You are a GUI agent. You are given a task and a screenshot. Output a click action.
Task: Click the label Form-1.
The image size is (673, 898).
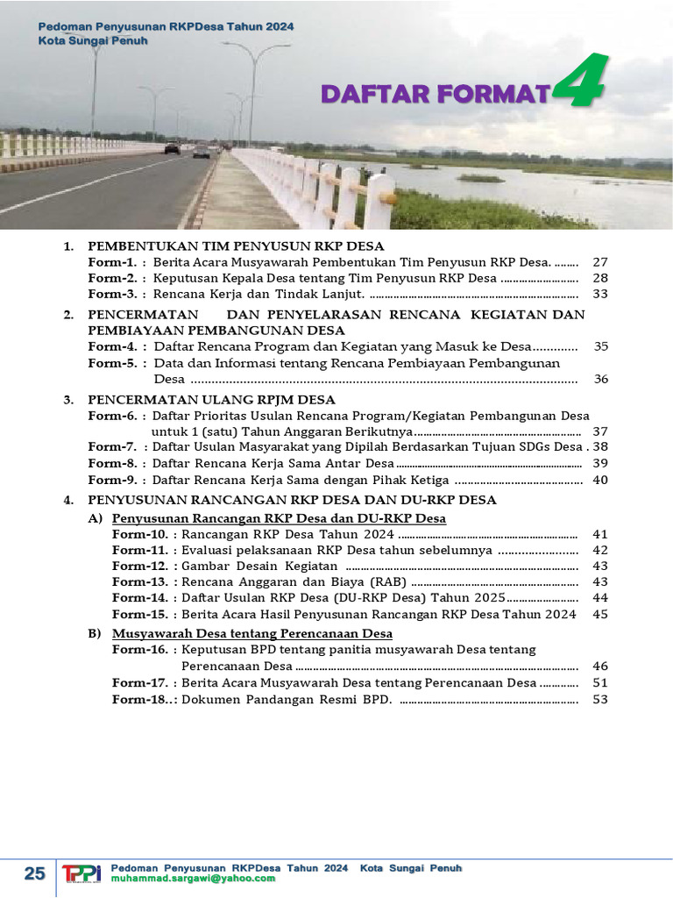click(111, 262)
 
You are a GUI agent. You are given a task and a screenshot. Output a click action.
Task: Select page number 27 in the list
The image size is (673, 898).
click(600, 262)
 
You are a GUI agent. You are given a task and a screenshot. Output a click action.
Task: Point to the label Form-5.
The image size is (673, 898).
click(111, 363)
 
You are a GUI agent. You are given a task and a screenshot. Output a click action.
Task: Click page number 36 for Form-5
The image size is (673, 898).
click(600, 379)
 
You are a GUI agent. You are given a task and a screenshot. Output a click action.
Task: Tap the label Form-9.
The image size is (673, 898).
click(111, 480)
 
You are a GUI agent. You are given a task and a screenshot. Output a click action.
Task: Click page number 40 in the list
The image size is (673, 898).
click(600, 480)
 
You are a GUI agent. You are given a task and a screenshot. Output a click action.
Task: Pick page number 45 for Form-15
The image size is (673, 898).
click(600, 614)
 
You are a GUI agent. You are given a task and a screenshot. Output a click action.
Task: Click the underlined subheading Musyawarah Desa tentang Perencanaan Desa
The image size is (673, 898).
click(252, 633)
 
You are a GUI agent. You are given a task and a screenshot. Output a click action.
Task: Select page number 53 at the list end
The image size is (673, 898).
click(600, 699)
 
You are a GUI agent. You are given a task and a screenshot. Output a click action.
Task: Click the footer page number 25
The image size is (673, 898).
click(34, 873)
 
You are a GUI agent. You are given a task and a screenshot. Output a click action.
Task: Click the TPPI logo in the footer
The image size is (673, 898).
click(81, 873)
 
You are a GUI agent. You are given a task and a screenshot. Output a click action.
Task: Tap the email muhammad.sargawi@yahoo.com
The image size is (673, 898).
click(193, 879)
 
